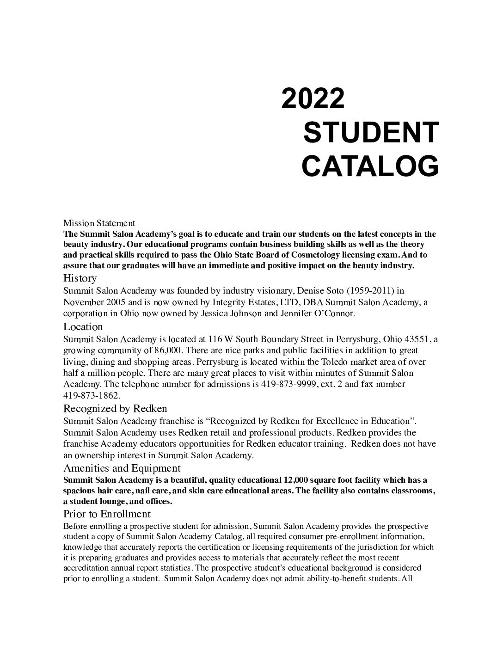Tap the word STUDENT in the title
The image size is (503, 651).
(x=370, y=133)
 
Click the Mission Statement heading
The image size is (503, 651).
(x=99, y=224)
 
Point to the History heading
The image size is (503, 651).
(x=80, y=278)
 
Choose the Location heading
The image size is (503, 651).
(x=83, y=327)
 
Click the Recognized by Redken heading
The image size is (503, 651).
(x=115, y=409)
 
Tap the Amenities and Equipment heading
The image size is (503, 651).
(x=122, y=468)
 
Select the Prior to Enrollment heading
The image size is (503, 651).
(x=107, y=514)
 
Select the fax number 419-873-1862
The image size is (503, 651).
(x=91, y=396)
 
